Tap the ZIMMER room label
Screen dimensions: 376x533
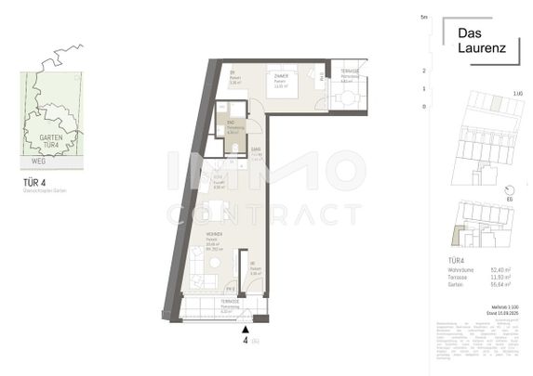coord(280,74)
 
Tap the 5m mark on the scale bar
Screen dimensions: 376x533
coord(423,18)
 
